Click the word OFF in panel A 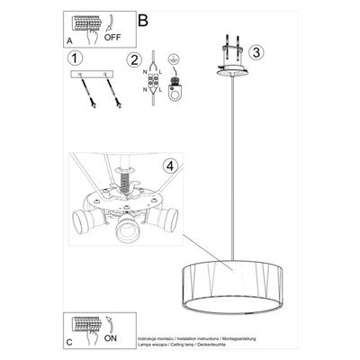point(114,40)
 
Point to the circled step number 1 point(75,59)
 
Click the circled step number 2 point(135,61)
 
